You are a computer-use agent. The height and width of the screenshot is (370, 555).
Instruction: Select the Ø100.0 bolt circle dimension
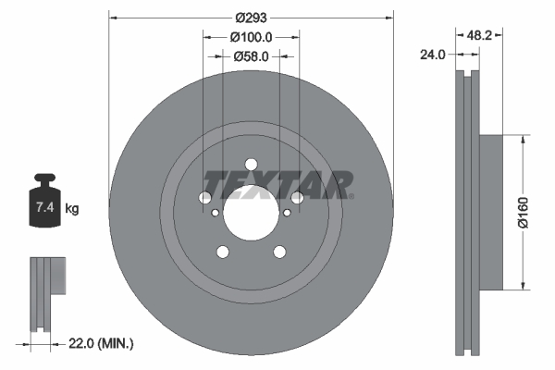pos(251,38)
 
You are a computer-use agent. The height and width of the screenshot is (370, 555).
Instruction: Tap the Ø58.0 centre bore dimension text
pos(251,56)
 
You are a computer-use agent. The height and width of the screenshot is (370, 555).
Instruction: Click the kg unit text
pos(72,210)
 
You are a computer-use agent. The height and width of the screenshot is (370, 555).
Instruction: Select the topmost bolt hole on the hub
pos(251,164)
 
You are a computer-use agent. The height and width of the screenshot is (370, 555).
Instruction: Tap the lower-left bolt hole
pos(223,251)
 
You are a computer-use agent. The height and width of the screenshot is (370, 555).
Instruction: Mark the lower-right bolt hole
pos(278,251)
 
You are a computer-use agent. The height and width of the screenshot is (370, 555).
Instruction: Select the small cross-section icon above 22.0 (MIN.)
pos(47,294)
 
